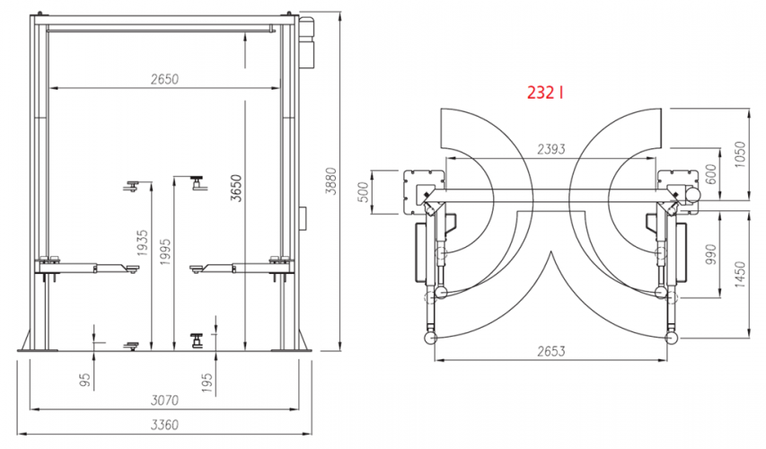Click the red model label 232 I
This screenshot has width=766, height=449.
pos(545,92)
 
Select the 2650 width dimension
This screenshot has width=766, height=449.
pos(164,79)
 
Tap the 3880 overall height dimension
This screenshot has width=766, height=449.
pos(331,181)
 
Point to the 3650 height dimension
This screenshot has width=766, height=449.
pos(236,188)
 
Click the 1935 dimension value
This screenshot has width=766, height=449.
pos(142,243)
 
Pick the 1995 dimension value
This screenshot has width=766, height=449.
pos(165,252)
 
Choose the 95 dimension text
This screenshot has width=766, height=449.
pos(85,381)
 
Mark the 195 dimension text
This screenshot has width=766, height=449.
pos(207,383)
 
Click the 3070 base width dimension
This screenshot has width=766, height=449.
pos(164,401)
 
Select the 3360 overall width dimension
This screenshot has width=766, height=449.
pos(164,425)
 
